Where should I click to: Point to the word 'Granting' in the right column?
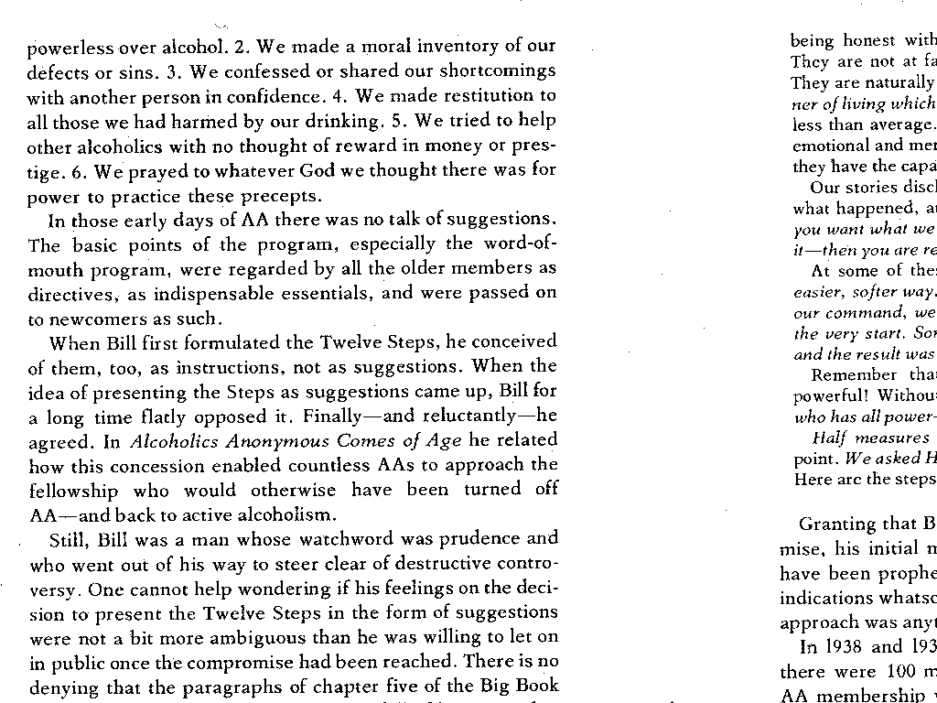point(837,525)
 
